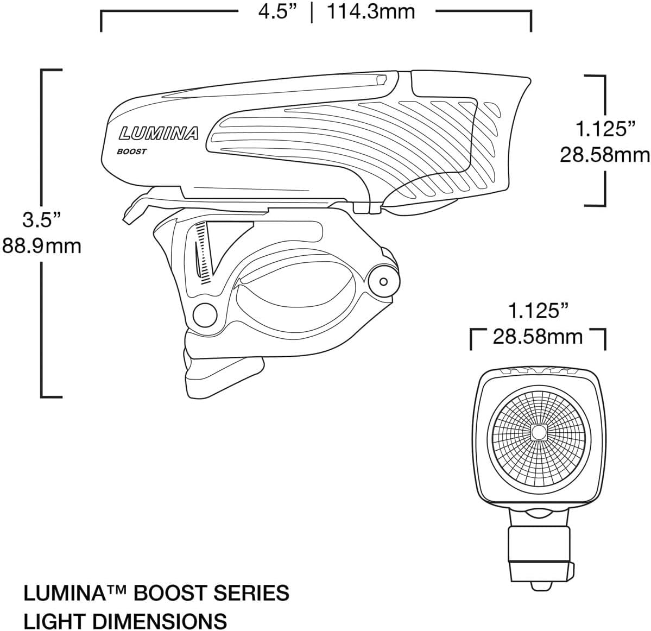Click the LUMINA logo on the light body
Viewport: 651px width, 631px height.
pyautogui.click(x=159, y=132)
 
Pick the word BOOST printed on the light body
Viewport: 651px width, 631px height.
pyautogui.click(x=131, y=152)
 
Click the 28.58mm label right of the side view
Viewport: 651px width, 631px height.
pyautogui.click(x=604, y=156)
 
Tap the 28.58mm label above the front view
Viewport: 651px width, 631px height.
pyautogui.click(x=538, y=337)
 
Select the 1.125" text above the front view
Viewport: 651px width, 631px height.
pyautogui.click(x=538, y=311)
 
